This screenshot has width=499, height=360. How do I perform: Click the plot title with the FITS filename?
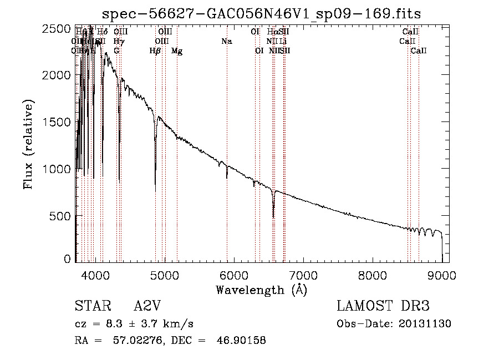tap(262, 13)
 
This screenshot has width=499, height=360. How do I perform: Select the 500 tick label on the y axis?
tap(61, 216)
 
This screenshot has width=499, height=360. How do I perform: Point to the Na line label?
tap(226, 41)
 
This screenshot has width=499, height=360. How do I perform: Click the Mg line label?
tap(177, 51)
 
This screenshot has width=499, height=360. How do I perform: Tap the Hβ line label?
tap(155, 51)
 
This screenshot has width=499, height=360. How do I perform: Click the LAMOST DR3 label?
tap(383, 306)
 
